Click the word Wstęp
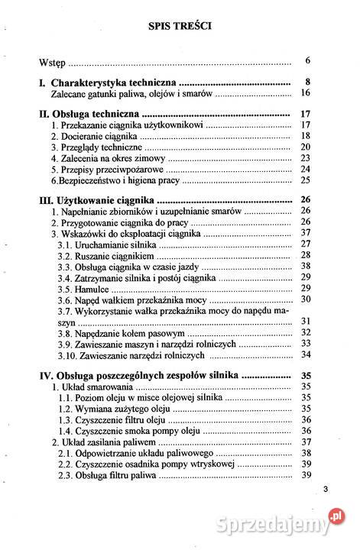click(x=53, y=61)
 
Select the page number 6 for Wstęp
click(x=306, y=60)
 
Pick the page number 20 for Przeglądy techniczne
click(x=304, y=147)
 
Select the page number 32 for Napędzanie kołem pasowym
click(x=304, y=332)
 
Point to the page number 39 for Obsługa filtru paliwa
click(x=304, y=475)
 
